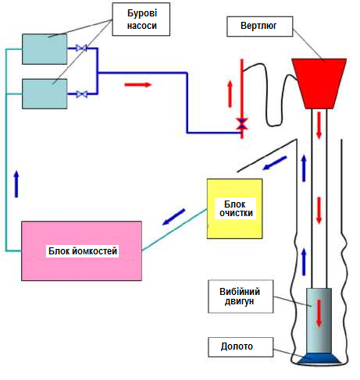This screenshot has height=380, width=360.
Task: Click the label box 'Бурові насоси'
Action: point(141,20)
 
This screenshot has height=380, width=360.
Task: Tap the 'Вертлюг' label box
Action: point(260,27)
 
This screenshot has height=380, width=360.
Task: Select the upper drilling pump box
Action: point(45,49)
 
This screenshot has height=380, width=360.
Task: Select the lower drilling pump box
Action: point(45,94)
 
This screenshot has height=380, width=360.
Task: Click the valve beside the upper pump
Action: point(81,48)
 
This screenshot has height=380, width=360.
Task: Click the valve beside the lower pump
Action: point(81,94)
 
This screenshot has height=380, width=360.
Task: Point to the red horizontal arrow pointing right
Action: point(138,84)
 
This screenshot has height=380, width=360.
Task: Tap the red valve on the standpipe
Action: point(242,123)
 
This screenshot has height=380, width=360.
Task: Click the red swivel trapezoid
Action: point(319,83)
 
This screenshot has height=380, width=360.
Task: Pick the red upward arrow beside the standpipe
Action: point(230,94)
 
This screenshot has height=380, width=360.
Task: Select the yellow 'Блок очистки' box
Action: point(234,208)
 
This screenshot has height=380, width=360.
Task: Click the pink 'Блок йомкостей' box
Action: point(81,251)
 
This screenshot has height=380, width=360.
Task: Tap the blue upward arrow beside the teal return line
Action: point(16,184)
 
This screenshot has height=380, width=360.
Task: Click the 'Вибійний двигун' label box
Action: point(241,297)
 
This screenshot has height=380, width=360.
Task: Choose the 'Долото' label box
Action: point(241,347)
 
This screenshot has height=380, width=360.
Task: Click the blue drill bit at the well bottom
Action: point(319,359)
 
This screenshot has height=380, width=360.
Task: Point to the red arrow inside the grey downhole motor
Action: point(319,313)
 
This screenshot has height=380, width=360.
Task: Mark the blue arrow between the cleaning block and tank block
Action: point(173,217)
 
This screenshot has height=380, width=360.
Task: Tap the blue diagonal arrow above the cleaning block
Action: point(275,163)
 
